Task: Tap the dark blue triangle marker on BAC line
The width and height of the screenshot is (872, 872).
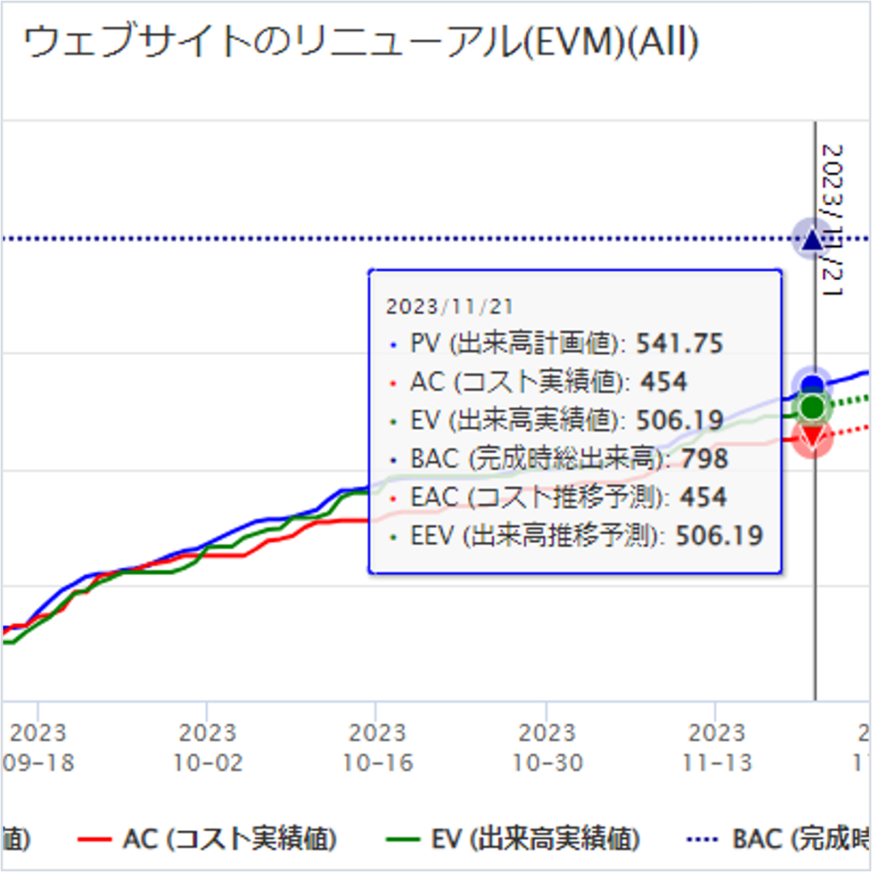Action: [812, 238]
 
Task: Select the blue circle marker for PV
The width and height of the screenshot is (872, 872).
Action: [813, 385]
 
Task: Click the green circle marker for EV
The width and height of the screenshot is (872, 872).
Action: [813, 408]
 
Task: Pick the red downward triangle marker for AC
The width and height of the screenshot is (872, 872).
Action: [812, 438]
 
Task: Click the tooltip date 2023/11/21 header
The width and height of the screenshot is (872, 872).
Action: [450, 307]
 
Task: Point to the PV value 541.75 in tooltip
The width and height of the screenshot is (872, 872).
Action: [680, 344]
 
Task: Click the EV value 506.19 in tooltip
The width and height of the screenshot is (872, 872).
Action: [680, 421]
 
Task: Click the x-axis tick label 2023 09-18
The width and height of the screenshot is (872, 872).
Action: [37, 748]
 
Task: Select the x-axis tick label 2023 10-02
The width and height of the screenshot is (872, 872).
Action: [207, 748]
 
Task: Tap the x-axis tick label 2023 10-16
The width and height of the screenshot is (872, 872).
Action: [376, 748]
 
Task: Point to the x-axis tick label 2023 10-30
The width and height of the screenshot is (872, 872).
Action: [546, 748]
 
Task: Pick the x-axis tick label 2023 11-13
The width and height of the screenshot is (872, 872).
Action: [715, 748]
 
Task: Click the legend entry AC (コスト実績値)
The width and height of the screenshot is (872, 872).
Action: [228, 840]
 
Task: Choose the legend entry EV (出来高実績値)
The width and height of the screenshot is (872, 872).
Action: [535, 840]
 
